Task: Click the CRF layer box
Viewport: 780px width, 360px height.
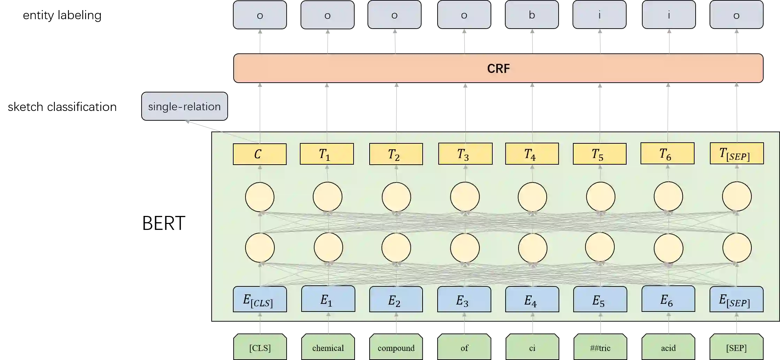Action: pos(498,68)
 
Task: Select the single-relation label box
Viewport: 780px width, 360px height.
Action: pos(184,106)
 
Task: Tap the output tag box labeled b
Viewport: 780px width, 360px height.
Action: pos(531,15)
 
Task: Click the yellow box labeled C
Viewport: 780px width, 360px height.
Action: pos(259,154)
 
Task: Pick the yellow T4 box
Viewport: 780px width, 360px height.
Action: pos(531,154)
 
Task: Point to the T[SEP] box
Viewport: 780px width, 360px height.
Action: pos(736,153)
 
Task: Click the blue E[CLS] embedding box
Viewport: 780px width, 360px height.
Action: pos(259,299)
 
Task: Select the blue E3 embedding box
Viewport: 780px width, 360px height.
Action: pos(464,299)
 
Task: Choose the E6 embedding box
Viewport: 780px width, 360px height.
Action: pos(668,299)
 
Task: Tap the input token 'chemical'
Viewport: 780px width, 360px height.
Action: pos(328,347)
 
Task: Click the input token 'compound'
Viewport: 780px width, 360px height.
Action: pos(396,347)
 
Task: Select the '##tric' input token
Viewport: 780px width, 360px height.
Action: pos(600,347)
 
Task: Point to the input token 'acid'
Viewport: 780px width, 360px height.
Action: pos(668,347)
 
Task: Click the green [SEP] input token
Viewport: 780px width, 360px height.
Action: pos(736,347)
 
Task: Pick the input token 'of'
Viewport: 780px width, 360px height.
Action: pos(464,347)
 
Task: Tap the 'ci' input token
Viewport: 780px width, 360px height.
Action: pos(532,347)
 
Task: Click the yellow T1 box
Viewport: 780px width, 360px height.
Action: pos(327,154)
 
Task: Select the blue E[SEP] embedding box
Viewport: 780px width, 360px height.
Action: pos(736,299)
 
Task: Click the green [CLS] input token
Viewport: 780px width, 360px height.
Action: pos(260,347)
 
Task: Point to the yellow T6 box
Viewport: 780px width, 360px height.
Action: pos(667,153)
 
